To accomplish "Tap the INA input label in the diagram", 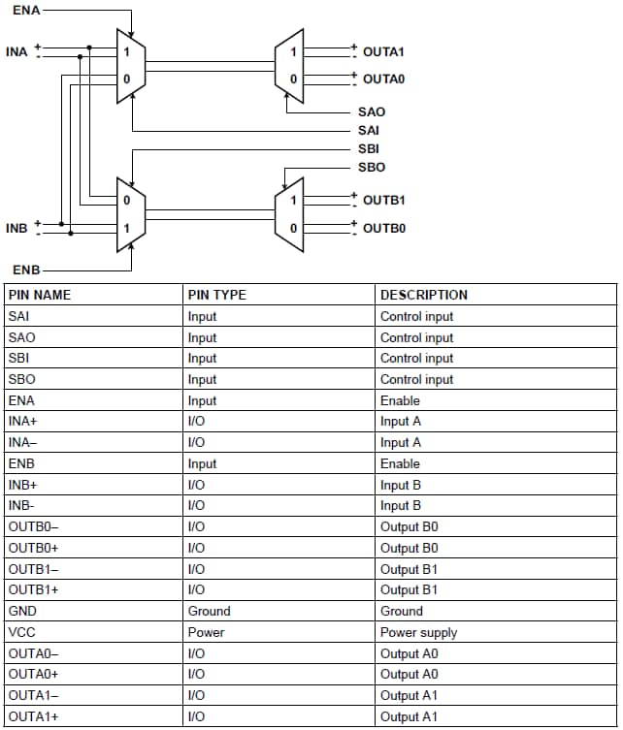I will tap(16, 50).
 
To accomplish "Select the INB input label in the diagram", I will tap(16, 228).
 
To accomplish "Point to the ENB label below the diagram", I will tap(26, 269).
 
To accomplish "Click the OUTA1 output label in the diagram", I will tap(383, 50).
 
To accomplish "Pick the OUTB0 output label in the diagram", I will tap(383, 229).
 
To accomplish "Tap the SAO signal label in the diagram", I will tap(371, 112).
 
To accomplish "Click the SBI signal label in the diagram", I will tap(369, 149).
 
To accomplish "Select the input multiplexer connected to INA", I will tap(130, 65).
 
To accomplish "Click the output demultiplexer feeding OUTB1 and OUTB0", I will tap(290, 213).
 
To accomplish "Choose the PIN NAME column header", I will tap(39, 295).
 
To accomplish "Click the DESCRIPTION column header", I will tap(423, 295).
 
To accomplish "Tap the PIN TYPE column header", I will tap(216, 295).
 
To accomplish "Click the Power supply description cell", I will tap(418, 632).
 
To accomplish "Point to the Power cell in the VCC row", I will tap(206, 632).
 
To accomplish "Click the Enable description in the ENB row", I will tap(400, 463).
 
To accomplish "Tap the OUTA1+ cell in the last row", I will tap(33, 716).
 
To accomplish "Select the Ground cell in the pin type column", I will tap(209, 611).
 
